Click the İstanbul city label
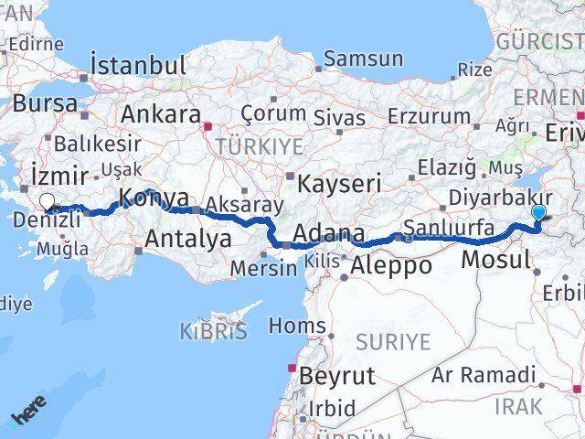coord(138,67)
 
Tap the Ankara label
coord(161,115)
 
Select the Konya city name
coord(154,198)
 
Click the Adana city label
coord(327,234)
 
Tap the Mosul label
coord(495,260)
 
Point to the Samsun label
coord(363,59)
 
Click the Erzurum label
coord(429,116)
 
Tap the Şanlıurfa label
coord(449,227)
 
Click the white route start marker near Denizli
coord(47,203)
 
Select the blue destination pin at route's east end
coord(538,213)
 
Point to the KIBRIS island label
coord(213,331)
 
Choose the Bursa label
coord(45,103)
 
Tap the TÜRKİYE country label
coord(246,146)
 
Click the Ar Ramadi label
coord(484,375)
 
